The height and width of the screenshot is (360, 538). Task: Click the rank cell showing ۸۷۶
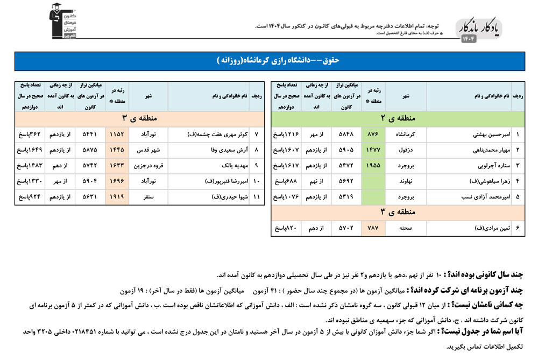click(x=372, y=134)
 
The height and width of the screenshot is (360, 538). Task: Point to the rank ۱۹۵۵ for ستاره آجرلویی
click(x=372, y=166)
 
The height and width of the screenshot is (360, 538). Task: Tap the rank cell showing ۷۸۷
click(x=372, y=229)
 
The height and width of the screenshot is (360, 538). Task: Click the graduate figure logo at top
click(x=62, y=20)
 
